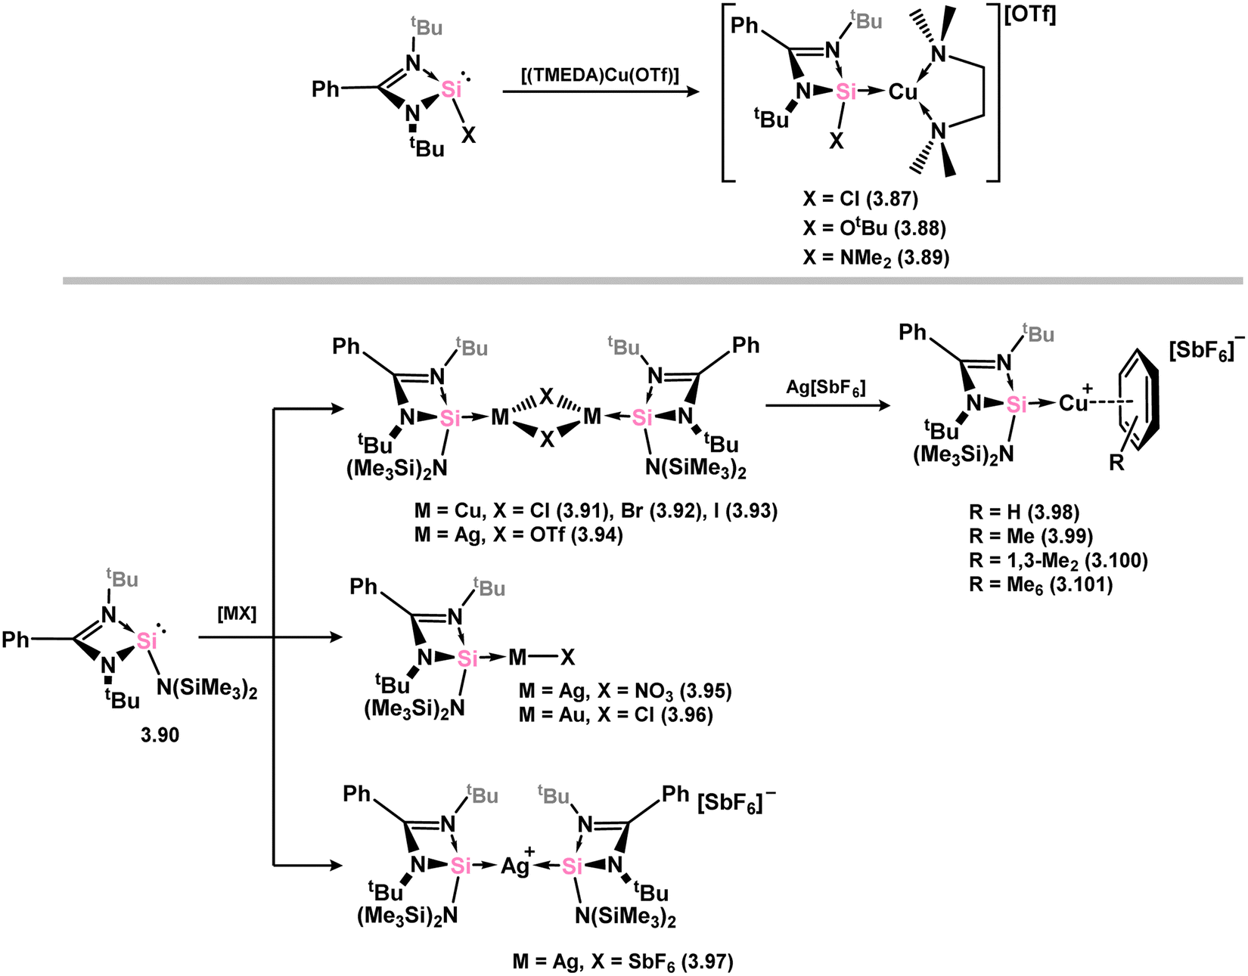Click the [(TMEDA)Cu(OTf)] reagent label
pyautogui.click(x=600, y=75)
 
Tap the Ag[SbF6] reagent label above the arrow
pyautogui.click(x=825, y=389)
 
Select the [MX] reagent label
pyautogui.click(x=237, y=614)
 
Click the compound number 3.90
pyautogui.click(x=160, y=735)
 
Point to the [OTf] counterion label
pyautogui.click(x=1030, y=15)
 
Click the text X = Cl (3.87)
pyautogui.click(x=860, y=199)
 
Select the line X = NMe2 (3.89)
pyautogui.click(x=876, y=259)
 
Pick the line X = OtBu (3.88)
pyautogui.click(x=874, y=228)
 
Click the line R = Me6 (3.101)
pyautogui.click(x=1041, y=584)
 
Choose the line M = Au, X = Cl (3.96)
pyautogui.click(x=616, y=715)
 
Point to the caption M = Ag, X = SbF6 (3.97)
pyautogui.click(x=623, y=961)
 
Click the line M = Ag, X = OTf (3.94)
pyautogui.click(x=519, y=534)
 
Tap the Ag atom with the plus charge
pyautogui.click(x=516, y=866)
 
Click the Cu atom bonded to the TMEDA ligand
pyautogui.click(x=903, y=91)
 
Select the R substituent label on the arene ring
pyautogui.click(x=1116, y=462)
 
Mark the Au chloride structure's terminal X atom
pyautogui.click(x=567, y=658)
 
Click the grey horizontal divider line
pyautogui.click(x=653, y=280)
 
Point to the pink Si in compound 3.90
pyautogui.click(x=147, y=640)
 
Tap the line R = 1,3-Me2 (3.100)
pyautogui.click(x=1058, y=560)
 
